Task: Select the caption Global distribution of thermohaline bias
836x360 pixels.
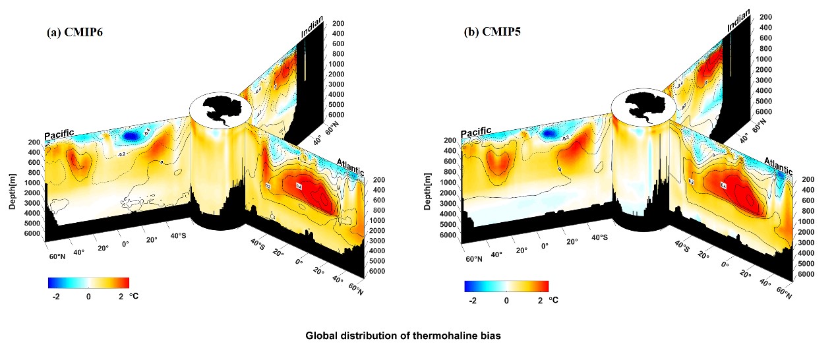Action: pyautogui.click(x=403, y=336)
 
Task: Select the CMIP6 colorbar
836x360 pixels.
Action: pyautogui.click(x=88, y=283)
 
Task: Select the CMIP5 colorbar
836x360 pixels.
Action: pyautogui.click(x=506, y=285)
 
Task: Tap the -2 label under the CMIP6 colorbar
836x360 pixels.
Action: pyautogui.click(x=56, y=296)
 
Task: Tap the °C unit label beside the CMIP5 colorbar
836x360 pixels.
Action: pyautogui.click(x=553, y=300)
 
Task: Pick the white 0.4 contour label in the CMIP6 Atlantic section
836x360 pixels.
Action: pyautogui.click(x=298, y=187)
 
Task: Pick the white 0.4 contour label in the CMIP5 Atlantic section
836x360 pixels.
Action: pyautogui.click(x=723, y=186)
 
